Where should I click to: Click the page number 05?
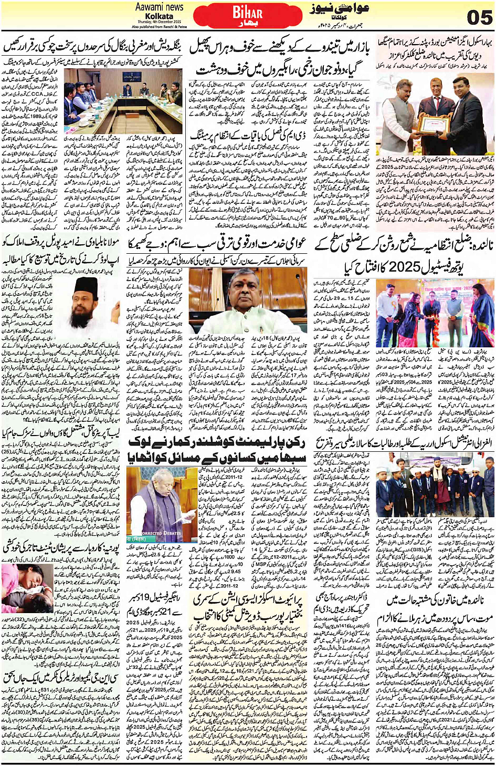click(479, 17)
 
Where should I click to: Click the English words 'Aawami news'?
click(159, 7)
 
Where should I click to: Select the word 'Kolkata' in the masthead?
click(159, 16)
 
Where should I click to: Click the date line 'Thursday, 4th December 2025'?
click(159, 22)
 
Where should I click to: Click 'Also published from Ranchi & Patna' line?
click(159, 26)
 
